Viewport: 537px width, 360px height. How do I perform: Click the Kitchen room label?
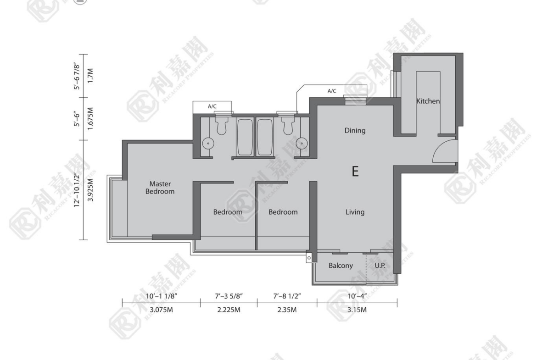pos(428,101)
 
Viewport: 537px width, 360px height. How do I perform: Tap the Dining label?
pos(355,130)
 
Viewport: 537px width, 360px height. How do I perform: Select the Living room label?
pos(355,212)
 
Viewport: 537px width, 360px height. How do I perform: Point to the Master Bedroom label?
pos(160,188)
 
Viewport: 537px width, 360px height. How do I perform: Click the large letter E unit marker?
pos(355,171)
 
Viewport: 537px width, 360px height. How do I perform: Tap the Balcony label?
pos(341,266)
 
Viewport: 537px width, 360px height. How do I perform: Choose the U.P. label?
pos(380,266)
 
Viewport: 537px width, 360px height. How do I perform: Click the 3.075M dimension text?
pos(161,310)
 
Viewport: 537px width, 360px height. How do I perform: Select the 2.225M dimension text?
pos(229,310)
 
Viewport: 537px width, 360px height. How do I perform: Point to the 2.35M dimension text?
pos(287,310)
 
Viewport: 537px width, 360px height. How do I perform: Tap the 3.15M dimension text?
pos(357,310)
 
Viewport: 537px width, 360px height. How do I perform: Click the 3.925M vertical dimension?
pos(90,189)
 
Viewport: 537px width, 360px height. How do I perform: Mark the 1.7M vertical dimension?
pos(90,76)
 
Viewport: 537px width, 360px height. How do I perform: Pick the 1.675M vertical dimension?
pos(90,118)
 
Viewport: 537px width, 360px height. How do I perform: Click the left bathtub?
pos(245,137)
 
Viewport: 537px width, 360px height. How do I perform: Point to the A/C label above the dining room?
pos(332,91)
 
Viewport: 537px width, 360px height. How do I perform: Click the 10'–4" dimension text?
pos(357,296)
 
